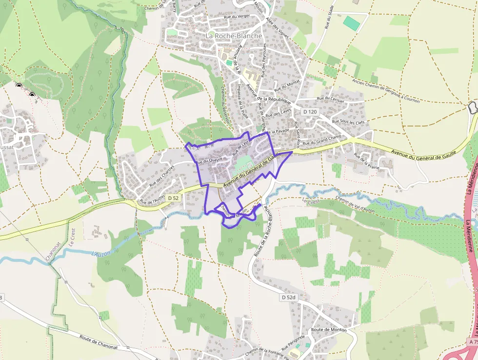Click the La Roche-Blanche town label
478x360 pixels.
tap(234, 36)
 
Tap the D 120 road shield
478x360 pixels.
tap(310, 112)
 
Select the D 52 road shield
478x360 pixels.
tap(173, 198)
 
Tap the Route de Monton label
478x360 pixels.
tap(329, 330)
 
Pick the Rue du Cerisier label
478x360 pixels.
tap(330, 99)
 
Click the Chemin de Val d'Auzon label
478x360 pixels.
tap(361, 204)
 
